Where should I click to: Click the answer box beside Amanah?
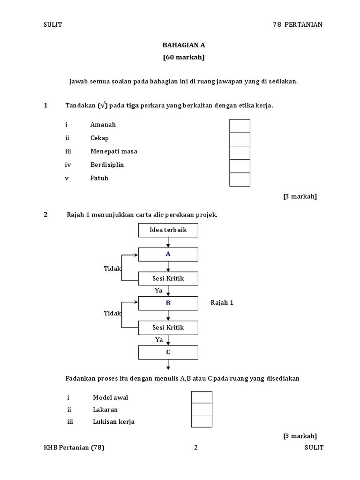pyautogui.click(x=240, y=126)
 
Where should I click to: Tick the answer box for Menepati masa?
pyautogui.click(x=240, y=153)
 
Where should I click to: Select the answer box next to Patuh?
pyautogui.click(x=240, y=180)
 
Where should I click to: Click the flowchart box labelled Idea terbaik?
pyautogui.click(x=168, y=230)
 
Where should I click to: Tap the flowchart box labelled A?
pyautogui.click(x=168, y=254)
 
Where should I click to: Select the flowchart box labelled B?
pyautogui.click(x=168, y=303)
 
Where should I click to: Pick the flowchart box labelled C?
pyautogui.click(x=168, y=352)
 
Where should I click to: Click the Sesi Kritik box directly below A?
pyautogui.click(x=168, y=278)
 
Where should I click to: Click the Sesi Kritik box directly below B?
pyautogui.click(x=168, y=327)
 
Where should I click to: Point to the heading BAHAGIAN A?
pyautogui.click(x=184, y=45)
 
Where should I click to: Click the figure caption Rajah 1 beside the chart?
pyautogui.click(x=222, y=303)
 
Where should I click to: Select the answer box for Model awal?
pyautogui.click(x=202, y=397)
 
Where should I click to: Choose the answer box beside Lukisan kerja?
pyautogui.click(x=202, y=421)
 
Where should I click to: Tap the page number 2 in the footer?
pyautogui.click(x=196, y=448)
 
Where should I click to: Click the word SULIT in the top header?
pyautogui.click(x=52, y=25)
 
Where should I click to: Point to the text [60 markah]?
pyautogui.click(x=184, y=58)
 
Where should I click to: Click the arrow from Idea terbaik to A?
pyautogui.click(x=168, y=242)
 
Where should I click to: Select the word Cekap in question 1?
pyautogui.click(x=99, y=138)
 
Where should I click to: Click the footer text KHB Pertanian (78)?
pyautogui.click(x=74, y=448)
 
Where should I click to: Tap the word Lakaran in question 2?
pyautogui.click(x=105, y=409)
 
